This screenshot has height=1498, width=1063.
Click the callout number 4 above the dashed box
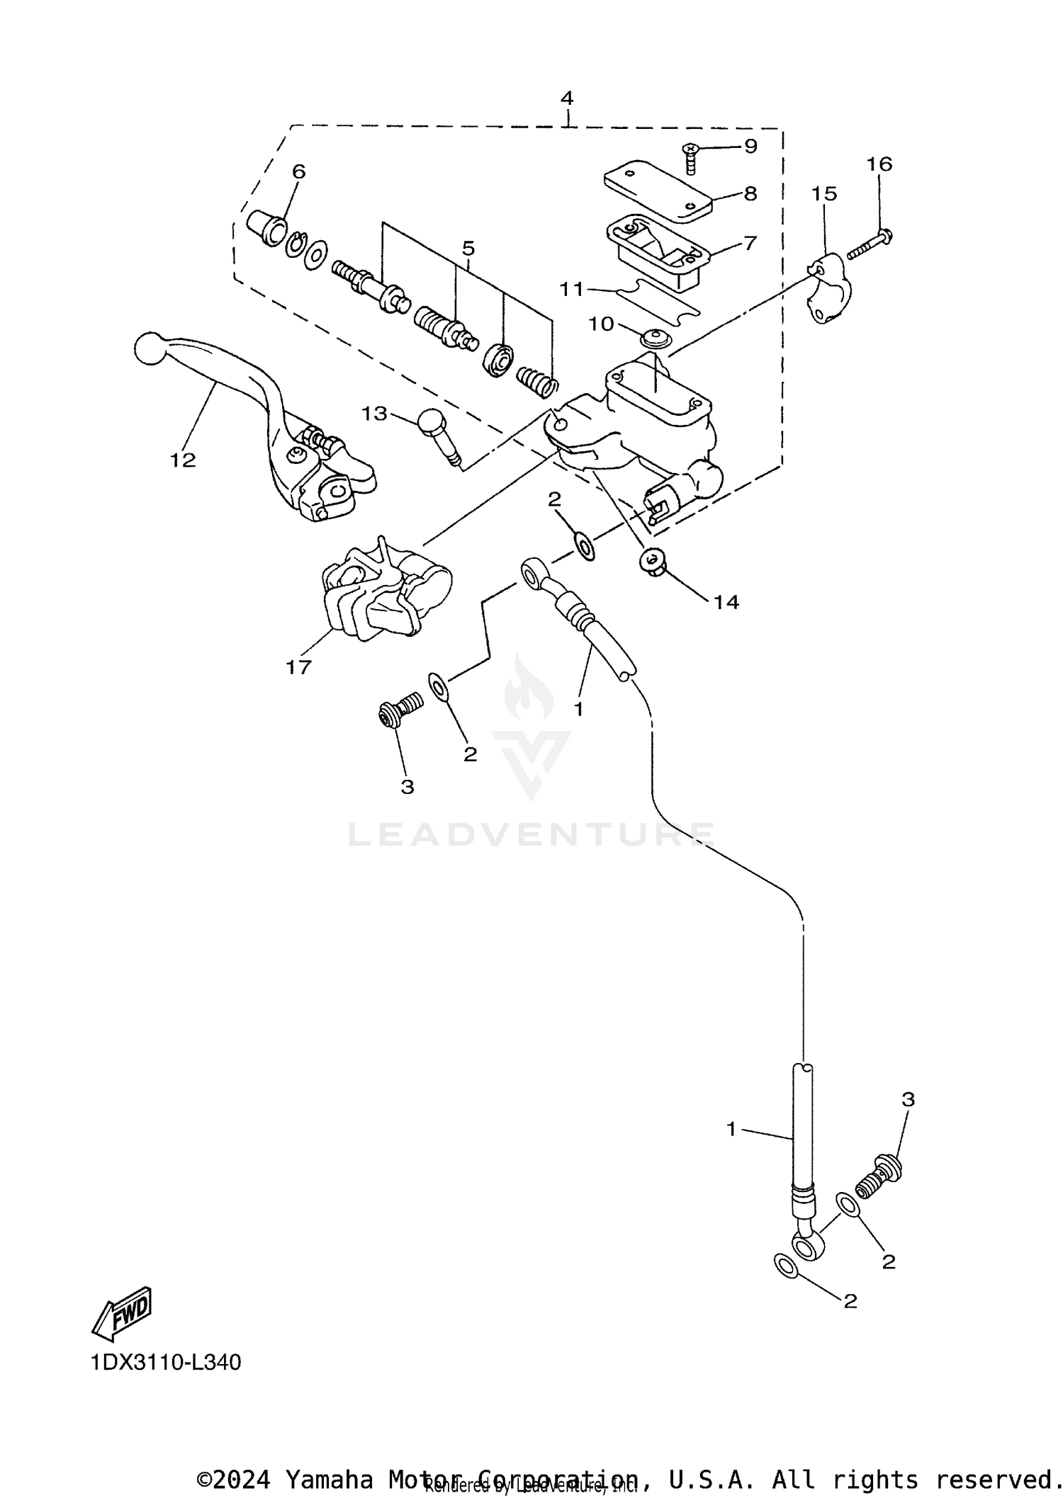pyautogui.click(x=566, y=98)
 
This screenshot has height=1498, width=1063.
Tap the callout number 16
pyautogui.click(x=879, y=164)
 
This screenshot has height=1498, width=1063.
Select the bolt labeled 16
pyautogui.click(x=869, y=243)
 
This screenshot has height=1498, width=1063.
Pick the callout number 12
pyautogui.click(x=182, y=460)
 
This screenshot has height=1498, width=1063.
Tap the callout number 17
pyautogui.click(x=298, y=666)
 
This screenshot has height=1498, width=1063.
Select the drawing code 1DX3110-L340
pyautogui.click(x=166, y=1362)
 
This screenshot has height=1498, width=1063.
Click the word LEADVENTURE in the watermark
pyautogui.click(x=531, y=835)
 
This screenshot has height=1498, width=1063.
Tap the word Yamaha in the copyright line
pyautogui.click(x=329, y=1479)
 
